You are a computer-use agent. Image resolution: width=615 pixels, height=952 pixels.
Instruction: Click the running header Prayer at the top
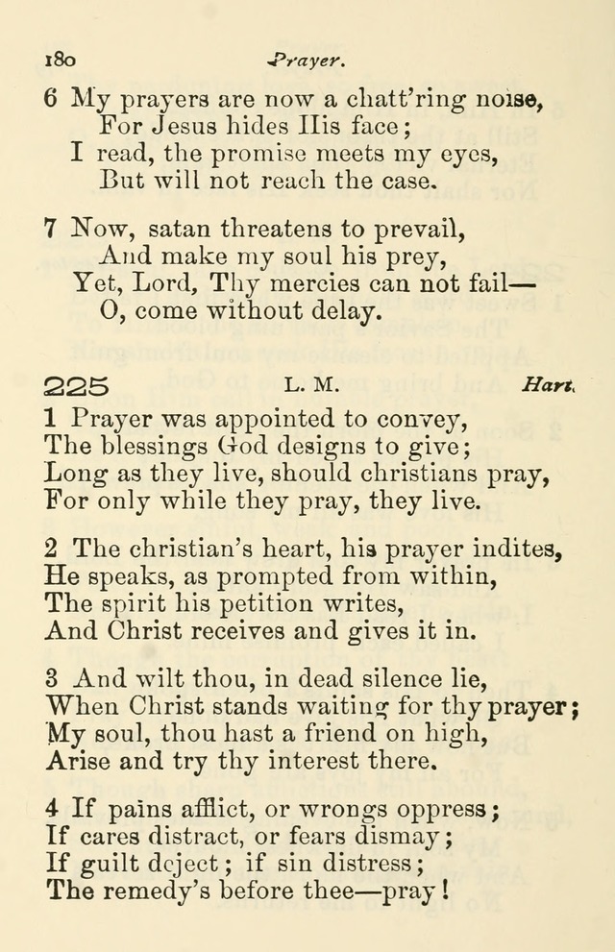[307, 60]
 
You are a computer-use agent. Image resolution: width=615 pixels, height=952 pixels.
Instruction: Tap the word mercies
[324, 283]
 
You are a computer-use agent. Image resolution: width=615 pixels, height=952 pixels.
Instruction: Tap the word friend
[329, 735]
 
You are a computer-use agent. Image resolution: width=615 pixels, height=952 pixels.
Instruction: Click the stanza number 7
[54, 230]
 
